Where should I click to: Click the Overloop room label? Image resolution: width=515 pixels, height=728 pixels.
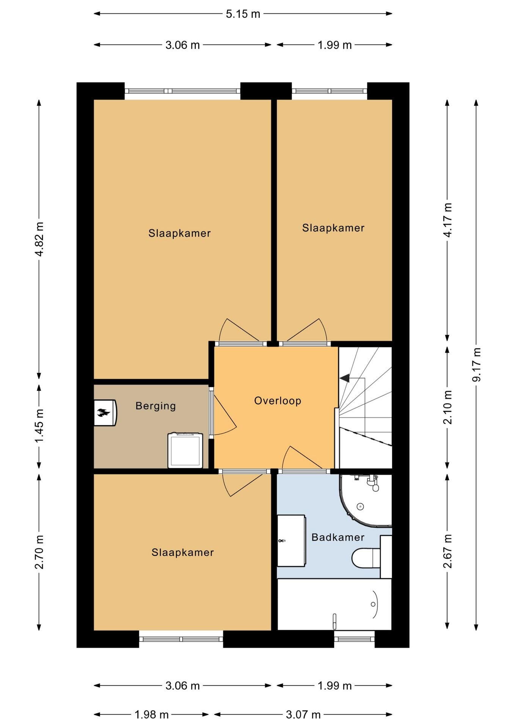(x=278, y=401)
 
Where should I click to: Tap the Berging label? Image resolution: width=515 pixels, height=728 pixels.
(x=155, y=406)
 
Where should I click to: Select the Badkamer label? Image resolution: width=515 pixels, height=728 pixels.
(x=338, y=537)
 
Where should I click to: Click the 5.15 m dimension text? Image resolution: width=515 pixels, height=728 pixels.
(x=243, y=14)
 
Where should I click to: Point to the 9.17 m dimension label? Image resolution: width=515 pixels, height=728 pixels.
(x=476, y=364)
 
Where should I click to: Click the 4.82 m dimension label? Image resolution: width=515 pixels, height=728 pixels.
(x=39, y=239)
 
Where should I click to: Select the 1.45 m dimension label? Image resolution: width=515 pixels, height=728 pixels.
(x=39, y=425)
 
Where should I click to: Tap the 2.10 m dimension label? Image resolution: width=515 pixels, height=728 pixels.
(x=448, y=407)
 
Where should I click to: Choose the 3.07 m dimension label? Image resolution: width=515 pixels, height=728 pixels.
(x=303, y=715)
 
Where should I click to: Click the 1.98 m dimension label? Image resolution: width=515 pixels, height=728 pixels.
(x=151, y=715)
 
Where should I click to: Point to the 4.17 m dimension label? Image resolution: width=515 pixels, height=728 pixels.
(x=448, y=220)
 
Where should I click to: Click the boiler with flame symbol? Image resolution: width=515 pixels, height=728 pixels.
(x=105, y=412)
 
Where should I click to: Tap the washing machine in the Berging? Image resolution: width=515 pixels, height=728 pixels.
(x=185, y=450)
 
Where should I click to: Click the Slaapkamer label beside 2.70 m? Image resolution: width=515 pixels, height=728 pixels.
(x=183, y=552)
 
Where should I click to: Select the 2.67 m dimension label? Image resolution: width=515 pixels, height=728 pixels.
(x=448, y=551)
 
